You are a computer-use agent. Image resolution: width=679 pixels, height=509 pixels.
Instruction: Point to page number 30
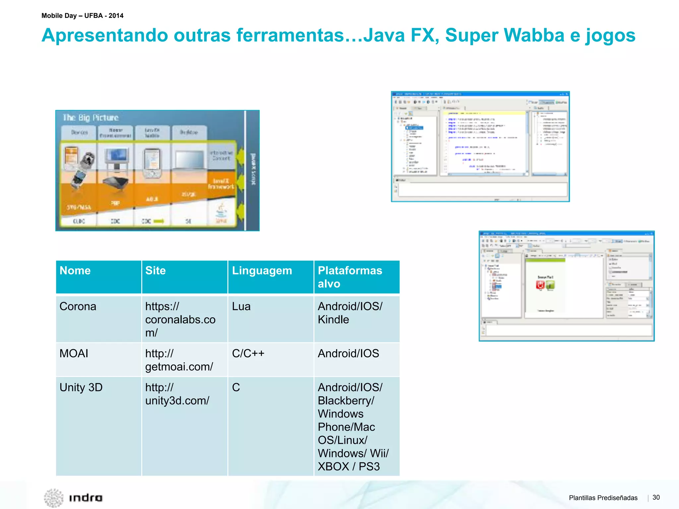pyautogui.click(x=656, y=497)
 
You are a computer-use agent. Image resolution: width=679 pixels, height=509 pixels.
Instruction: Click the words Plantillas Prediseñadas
pyautogui.click(x=603, y=498)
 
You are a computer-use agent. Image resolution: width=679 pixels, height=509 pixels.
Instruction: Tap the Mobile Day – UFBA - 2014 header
pyautogui.click(x=83, y=16)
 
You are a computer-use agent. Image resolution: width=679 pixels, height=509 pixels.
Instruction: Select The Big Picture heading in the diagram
pyautogui.click(x=91, y=118)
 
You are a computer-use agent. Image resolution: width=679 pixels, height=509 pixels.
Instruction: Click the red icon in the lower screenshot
pyautogui.click(x=540, y=285)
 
